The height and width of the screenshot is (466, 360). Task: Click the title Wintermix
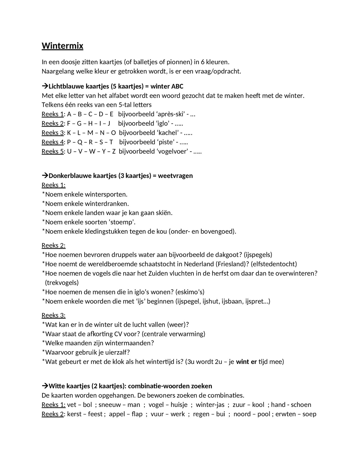[x=62, y=46]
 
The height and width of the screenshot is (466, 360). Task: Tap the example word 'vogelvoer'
[x=172, y=151]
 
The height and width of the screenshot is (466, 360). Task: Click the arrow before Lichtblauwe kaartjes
[x=45, y=86]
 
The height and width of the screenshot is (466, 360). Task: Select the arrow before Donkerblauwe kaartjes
[x=45, y=176]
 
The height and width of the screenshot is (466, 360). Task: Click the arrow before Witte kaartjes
[x=45, y=386]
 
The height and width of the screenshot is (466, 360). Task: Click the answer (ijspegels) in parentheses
[x=258, y=255]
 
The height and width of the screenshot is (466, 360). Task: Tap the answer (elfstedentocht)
[x=274, y=264]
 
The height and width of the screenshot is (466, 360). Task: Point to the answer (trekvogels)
[x=62, y=282]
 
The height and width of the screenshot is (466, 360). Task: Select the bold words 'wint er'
[x=246, y=362]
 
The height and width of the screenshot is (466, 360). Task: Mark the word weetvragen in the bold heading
[x=175, y=176]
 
